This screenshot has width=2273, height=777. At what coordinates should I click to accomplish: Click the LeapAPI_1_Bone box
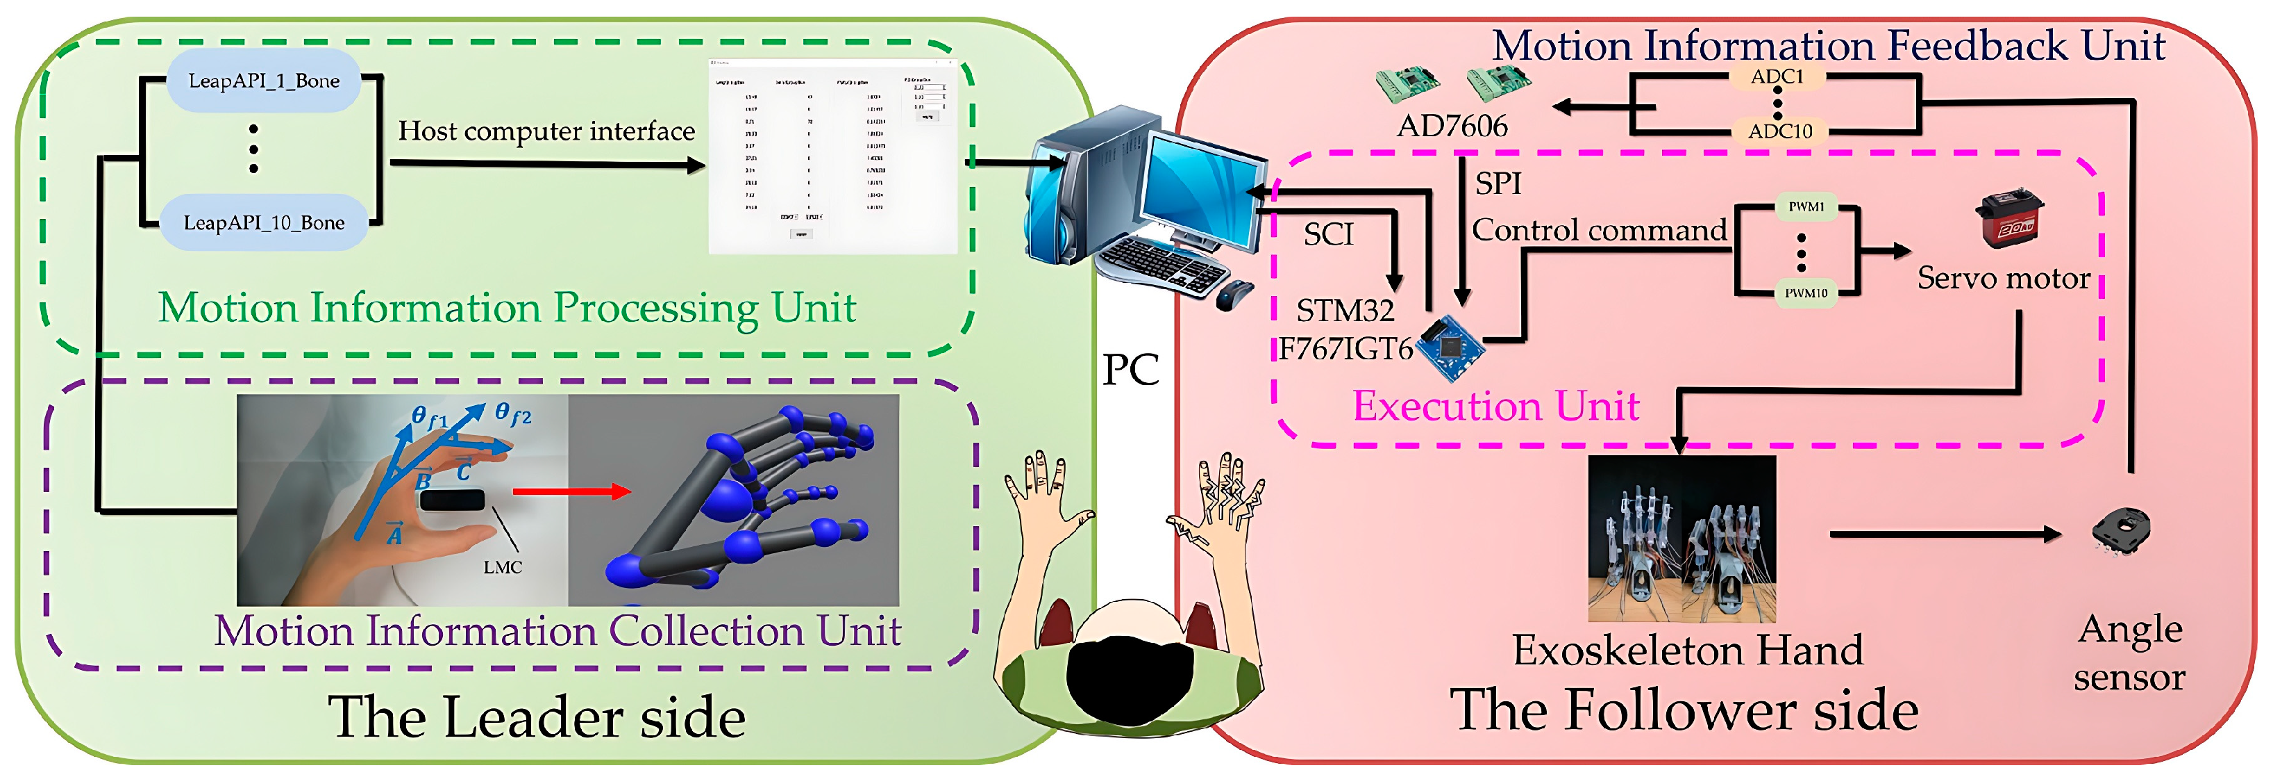[x=263, y=81]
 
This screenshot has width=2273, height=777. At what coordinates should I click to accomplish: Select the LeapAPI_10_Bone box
[x=263, y=222]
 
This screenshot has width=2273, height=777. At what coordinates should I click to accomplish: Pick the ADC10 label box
[x=1779, y=131]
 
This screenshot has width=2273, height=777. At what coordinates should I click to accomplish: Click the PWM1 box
[x=1805, y=206]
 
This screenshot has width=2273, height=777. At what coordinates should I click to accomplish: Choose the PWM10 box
[x=1805, y=293]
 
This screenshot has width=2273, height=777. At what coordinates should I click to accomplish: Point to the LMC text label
[x=502, y=567]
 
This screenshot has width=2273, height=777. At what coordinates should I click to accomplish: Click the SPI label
[x=1498, y=183]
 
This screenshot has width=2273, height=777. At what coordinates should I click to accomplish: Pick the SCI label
[x=1328, y=235]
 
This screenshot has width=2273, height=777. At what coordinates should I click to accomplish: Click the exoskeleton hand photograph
[x=1681, y=539]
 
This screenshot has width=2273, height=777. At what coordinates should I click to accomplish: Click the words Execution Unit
[x=1495, y=406]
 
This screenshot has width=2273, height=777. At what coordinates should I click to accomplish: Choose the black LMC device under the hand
[x=452, y=500]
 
